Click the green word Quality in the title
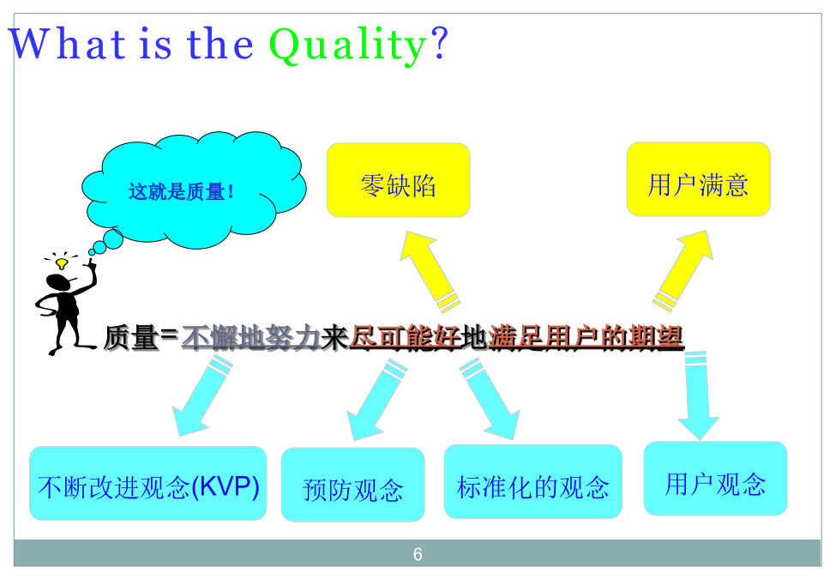[347, 45]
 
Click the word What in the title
[68, 43]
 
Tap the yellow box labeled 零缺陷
[398, 179]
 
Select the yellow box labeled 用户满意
[699, 179]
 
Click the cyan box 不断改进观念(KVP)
[148, 483]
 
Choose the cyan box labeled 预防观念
[353, 484]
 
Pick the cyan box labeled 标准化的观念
[533, 481]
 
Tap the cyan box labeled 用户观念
[715, 479]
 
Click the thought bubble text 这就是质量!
[181, 191]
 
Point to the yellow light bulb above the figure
[62, 263]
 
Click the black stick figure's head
[58, 282]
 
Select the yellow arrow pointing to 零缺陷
[430, 271]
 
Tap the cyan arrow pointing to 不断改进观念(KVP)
[202, 395]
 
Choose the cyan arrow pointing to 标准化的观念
[490, 399]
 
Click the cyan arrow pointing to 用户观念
[698, 395]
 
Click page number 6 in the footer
[418, 554]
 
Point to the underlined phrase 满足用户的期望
[586, 337]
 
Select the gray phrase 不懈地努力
[251, 337]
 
